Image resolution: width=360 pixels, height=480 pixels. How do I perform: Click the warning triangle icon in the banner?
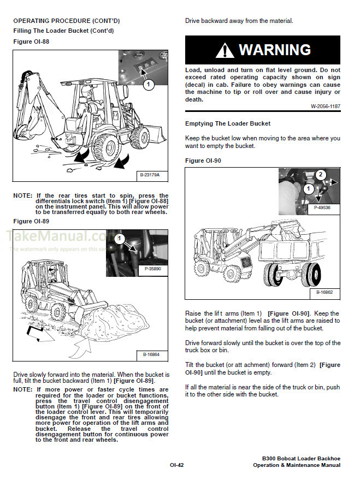(225, 50)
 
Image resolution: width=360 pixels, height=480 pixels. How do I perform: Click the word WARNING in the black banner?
(275, 50)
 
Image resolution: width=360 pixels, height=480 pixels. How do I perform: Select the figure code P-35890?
(154, 269)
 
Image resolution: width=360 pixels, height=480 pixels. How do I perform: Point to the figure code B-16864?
(152, 354)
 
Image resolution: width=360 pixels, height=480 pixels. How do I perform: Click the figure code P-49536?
(325, 208)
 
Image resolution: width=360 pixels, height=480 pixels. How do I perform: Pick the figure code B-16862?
(325, 293)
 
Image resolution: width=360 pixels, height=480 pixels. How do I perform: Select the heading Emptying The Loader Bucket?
(228, 123)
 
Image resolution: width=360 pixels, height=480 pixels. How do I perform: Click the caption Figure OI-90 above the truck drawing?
(203, 161)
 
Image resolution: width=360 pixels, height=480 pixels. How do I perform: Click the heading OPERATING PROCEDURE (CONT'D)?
(66, 21)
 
